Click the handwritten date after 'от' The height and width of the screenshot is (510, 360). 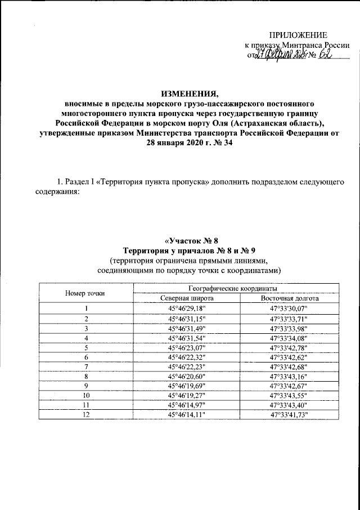[279, 55]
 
